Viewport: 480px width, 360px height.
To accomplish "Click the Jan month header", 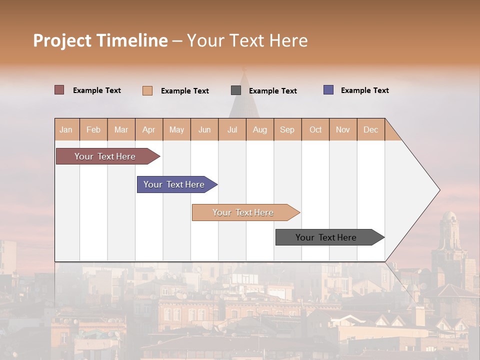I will [66, 129].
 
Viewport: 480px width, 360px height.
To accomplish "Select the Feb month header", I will [93, 129].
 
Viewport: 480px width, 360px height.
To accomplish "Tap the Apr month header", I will [148, 129].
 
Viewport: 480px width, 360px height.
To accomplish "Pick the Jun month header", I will [204, 129].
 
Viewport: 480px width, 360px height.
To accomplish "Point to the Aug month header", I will [259, 129].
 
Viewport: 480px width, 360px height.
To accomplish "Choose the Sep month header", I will [287, 129].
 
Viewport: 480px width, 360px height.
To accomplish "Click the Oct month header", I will [315, 129].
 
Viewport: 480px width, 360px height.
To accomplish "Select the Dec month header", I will [370, 129].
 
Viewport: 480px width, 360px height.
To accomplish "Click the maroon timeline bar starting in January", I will [105, 156].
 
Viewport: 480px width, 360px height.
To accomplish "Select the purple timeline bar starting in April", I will [174, 184].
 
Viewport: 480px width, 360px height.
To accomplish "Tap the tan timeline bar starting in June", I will [243, 212].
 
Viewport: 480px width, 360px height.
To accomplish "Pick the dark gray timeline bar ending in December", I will [326, 237].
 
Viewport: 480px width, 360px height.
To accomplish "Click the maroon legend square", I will [59, 90].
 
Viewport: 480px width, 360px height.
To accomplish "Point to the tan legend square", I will [147, 90].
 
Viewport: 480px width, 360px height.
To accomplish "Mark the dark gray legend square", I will [236, 90].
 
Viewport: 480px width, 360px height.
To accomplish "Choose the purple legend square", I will [328, 90].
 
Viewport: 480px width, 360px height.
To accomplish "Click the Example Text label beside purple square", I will [364, 90].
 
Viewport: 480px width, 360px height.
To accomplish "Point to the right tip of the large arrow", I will [438, 190].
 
